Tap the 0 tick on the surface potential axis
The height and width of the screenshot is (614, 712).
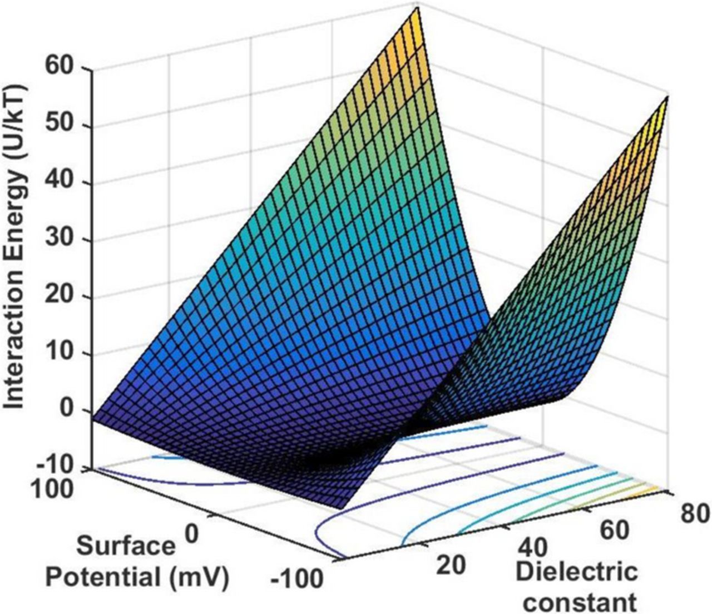tap(190, 533)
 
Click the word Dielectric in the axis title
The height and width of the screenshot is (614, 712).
tap(576, 572)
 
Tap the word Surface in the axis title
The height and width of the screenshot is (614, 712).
tap(125, 546)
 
